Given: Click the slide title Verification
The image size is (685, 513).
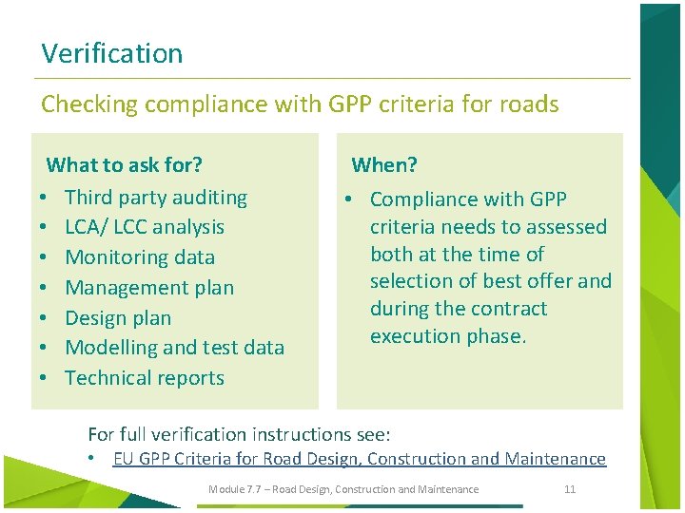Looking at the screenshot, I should coord(112,53).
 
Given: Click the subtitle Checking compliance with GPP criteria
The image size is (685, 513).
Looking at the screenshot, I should coord(300,104).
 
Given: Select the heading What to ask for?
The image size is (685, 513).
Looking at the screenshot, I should coord(125,165).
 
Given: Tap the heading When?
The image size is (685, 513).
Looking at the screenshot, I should coord(384,165).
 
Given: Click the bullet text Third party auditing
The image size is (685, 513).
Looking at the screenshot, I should coord(156,198).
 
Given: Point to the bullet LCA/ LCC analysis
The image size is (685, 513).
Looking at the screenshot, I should coord(145,227).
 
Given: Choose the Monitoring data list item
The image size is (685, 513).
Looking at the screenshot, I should coord(140,257).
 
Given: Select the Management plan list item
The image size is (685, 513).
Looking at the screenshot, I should coord(149,288).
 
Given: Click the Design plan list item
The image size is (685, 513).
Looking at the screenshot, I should coord(118,318).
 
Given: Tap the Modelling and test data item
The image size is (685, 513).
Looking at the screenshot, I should coord(174,348).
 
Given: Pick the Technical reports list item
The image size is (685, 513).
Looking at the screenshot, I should coord(145,378).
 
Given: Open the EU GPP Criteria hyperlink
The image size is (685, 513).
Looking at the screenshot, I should coord(359,459).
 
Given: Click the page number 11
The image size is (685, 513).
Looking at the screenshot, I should coord(570,489).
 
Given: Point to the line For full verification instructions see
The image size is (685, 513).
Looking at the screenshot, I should coord(239,434).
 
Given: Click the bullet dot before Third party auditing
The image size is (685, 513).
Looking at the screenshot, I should coord(46,198).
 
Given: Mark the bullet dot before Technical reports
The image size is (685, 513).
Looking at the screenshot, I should coord(46,378).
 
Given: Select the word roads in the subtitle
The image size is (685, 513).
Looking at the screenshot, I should coord(531,104).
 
